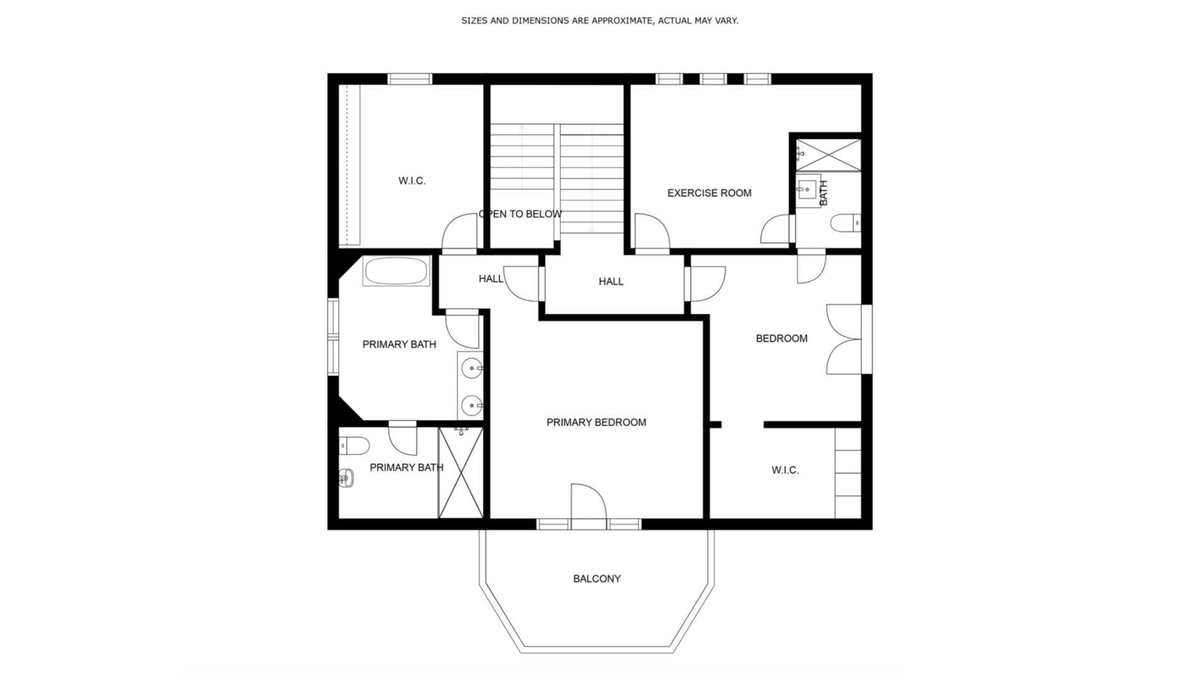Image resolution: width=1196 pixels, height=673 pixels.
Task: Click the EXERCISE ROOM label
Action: click(709, 193)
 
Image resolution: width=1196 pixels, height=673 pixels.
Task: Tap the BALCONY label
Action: click(597, 579)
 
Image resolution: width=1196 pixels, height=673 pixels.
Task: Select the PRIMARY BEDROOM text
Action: click(596, 422)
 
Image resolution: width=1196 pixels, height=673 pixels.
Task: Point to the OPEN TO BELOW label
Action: click(520, 214)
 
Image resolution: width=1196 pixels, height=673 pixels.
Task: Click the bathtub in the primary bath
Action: click(396, 271)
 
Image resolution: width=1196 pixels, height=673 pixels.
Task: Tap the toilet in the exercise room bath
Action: click(846, 223)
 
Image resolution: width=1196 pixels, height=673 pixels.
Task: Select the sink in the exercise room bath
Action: click(808, 188)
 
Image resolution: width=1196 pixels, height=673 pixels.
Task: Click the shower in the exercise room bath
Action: click(829, 155)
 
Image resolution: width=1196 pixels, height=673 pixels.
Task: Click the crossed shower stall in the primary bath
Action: click(461, 472)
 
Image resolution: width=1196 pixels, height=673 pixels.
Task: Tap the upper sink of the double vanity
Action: click(472, 368)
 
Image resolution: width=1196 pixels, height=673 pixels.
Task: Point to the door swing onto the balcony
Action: click(587, 502)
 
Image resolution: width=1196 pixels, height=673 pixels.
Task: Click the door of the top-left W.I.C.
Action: click(460, 233)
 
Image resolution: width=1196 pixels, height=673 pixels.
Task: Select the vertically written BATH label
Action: click(823, 193)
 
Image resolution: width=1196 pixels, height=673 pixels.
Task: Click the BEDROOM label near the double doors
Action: click(781, 338)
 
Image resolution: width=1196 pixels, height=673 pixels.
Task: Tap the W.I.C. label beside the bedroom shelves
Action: click(785, 470)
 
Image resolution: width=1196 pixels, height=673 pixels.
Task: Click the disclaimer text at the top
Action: click(599, 21)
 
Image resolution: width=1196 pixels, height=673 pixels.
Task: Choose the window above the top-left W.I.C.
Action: click(409, 79)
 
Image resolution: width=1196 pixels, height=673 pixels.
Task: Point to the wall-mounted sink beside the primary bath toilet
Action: click(346, 478)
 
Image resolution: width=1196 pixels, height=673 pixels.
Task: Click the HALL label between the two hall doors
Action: click(610, 282)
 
